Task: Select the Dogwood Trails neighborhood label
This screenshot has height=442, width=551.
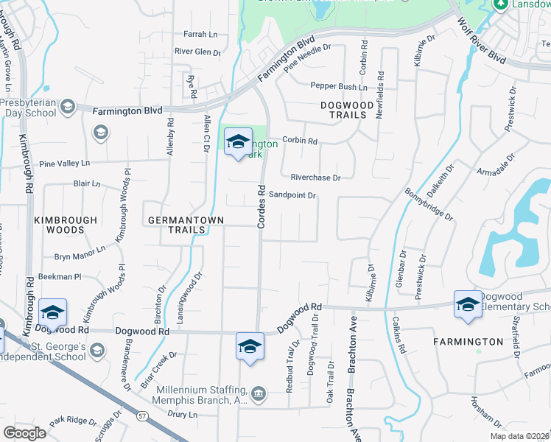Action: pyautogui.click(x=343, y=110)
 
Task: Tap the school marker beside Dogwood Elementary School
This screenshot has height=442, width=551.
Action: pyautogui.click(x=468, y=304)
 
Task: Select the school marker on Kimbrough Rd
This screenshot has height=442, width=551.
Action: pyautogui.click(x=52, y=313)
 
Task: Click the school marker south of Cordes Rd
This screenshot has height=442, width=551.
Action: pyautogui.click(x=250, y=346)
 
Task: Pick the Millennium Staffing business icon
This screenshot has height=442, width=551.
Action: pyautogui.click(x=259, y=393)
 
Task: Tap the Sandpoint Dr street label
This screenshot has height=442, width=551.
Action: pyautogui.click(x=292, y=195)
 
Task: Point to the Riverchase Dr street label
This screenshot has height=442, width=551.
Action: pyautogui.click(x=315, y=178)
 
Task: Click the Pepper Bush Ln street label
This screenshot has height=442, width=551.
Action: pyautogui.click(x=338, y=86)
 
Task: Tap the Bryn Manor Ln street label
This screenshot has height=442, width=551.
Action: pyautogui.click(x=80, y=257)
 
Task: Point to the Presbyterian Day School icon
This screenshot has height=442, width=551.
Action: pyautogui.click(x=68, y=108)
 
